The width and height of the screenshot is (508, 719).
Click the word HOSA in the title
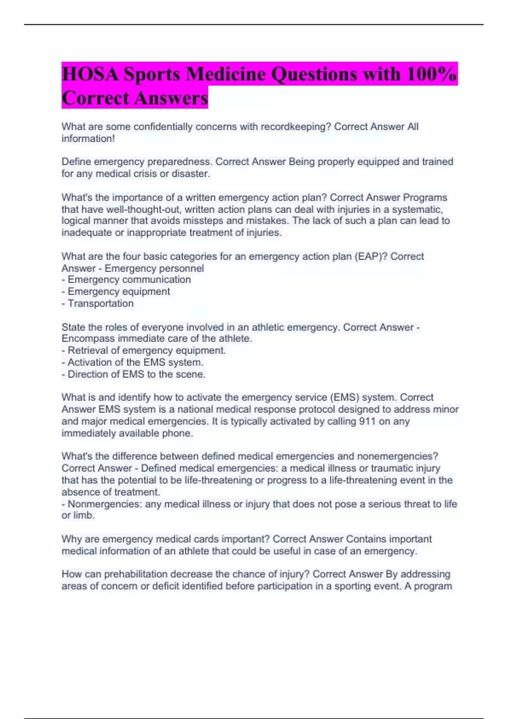[x=90, y=74]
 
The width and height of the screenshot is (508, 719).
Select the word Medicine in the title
[x=226, y=74]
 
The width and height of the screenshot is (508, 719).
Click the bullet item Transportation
[x=100, y=303]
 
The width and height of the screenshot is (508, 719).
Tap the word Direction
[x=88, y=374]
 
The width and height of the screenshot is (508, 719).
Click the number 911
[x=367, y=421]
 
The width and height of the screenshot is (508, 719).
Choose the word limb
[x=83, y=516]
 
